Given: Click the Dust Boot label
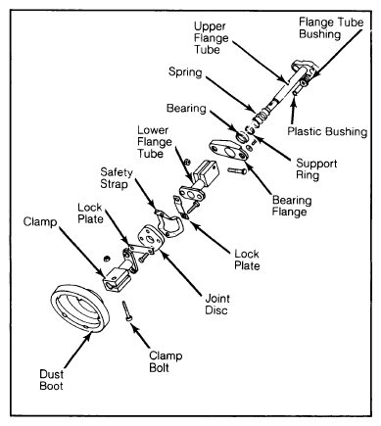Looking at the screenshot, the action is pyautogui.click(x=51, y=380).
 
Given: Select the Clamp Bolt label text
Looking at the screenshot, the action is pyautogui.click(x=166, y=361).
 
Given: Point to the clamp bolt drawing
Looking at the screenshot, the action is pyautogui.click(x=127, y=311).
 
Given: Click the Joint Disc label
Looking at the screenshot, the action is pyautogui.click(x=217, y=304).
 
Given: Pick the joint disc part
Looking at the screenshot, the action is pyautogui.click(x=150, y=239).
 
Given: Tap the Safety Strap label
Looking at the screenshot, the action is pyautogui.click(x=117, y=178).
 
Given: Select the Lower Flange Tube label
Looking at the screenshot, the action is pyautogui.click(x=154, y=142).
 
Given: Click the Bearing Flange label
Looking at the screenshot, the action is pyautogui.click(x=292, y=206).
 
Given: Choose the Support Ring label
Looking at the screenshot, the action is pyautogui.click(x=316, y=168).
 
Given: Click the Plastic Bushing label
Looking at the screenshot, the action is pyautogui.click(x=327, y=131).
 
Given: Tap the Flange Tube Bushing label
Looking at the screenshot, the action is pyautogui.click(x=331, y=28).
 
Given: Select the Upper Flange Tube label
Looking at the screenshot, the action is pyautogui.click(x=211, y=38).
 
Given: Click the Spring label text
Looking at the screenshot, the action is pyautogui.click(x=185, y=71).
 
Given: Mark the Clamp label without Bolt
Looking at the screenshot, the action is pyautogui.click(x=40, y=222).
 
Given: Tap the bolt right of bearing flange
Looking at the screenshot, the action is pyautogui.click(x=237, y=170).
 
